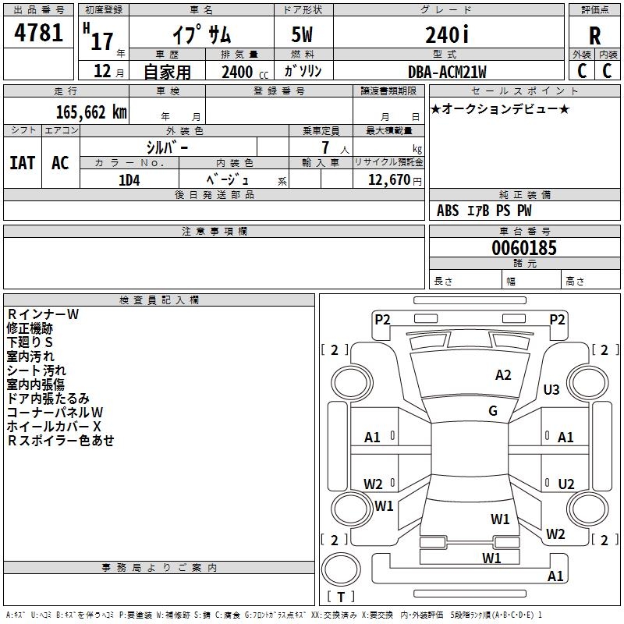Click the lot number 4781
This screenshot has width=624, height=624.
click(x=38, y=32)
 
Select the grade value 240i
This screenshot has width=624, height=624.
click(x=447, y=34)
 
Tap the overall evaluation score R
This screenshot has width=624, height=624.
click(x=594, y=36)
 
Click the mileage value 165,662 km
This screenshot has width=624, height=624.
click(x=91, y=112)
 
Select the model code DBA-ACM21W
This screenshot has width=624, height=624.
click(x=447, y=72)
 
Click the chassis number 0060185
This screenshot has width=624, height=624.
click(x=524, y=247)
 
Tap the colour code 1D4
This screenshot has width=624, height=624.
click(x=129, y=180)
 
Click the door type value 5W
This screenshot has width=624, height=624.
click(x=302, y=34)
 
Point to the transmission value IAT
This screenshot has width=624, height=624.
click(x=23, y=163)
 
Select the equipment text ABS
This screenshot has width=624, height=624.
click(x=448, y=211)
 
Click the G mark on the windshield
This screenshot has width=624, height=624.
click(x=493, y=411)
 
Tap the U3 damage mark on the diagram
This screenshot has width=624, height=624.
click(x=551, y=389)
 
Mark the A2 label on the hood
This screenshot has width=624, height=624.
click(x=503, y=375)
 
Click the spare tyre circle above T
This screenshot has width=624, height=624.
click(x=341, y=569)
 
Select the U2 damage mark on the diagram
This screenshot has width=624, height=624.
click(x=566, y=484)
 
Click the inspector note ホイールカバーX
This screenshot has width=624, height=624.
click(x=54, y=427)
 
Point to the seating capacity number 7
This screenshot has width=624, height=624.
click(x=325, y=147)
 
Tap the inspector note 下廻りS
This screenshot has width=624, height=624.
click(x=30, y=342)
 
